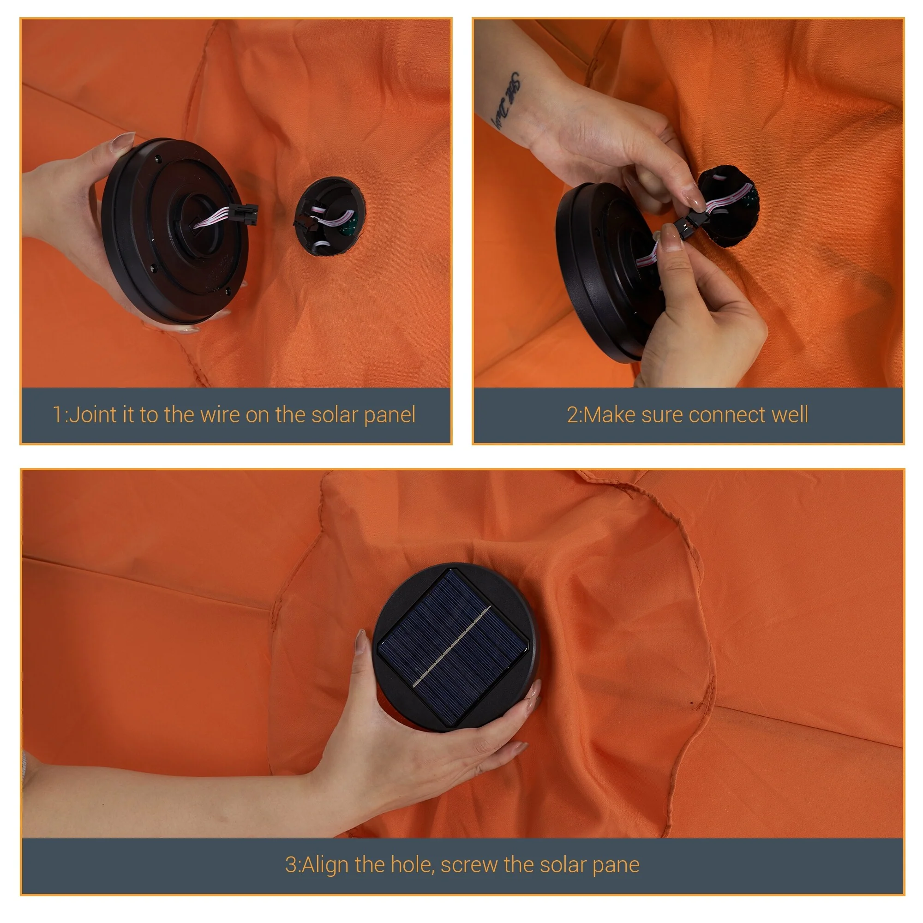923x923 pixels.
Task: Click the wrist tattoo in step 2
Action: (x=507, y=101)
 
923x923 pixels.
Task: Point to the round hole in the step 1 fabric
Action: (x=330, y=216)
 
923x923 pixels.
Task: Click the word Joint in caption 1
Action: (x=93, y=415)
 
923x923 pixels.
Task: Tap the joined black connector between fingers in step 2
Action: (x=690, y=220)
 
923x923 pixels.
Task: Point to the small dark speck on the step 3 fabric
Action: (x=692, y=703)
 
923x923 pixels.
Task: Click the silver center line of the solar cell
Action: (x=451, y=647)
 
